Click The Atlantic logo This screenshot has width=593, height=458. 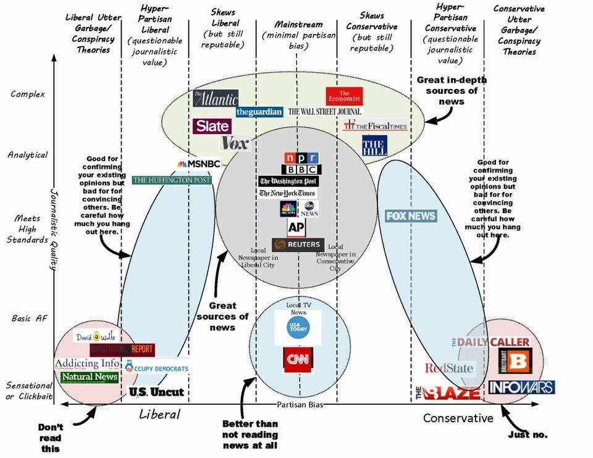(215, 98)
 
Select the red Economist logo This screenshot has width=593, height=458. (344, 96)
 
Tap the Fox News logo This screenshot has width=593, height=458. (411, 216)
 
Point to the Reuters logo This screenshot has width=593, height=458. (298, 245)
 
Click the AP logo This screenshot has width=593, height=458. (297, 227)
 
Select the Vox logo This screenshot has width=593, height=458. (235, 144)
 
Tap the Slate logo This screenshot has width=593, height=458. (212, 126)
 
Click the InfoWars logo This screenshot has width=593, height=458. (521, 387)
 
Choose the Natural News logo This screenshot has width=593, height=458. (90, 377)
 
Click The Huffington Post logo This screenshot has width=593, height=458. (172, 180)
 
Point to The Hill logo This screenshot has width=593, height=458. (374, 145)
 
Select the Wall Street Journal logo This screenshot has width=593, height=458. (325, 112)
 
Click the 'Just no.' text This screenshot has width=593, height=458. (528, 435)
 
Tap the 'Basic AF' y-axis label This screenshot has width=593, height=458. (29, 319)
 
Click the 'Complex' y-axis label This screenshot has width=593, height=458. (28, 94)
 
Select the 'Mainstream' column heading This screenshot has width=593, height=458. (298, 25)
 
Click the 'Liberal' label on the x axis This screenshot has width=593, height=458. (159, 414)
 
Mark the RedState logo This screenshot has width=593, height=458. (449, 368)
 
